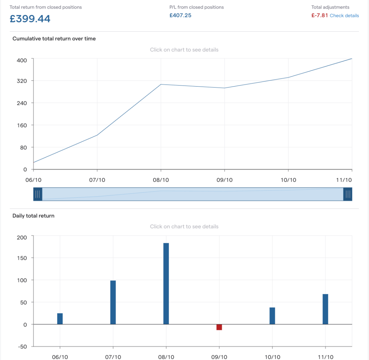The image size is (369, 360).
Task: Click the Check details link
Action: point(344,16)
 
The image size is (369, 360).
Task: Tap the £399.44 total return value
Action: point(30,19)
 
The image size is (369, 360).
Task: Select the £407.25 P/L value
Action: point(180,16)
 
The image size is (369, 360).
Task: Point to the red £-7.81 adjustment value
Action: point(320,16)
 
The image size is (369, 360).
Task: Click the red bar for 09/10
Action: point(219,327)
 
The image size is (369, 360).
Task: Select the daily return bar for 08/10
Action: point(166,284)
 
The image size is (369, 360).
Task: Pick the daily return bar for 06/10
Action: point(60,319)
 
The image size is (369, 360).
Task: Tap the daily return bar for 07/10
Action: point(113,302)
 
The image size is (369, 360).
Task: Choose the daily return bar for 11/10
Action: point(325,309)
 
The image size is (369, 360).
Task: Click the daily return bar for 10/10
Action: point(272,316)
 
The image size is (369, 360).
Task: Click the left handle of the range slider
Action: point(38,194)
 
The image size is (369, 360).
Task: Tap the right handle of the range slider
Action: point(348,194)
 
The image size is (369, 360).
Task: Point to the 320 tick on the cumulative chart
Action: point(22,81)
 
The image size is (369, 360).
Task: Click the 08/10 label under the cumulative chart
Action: point(161,180)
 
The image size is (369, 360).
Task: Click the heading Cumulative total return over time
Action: point(54,39)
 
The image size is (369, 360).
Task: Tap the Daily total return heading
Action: point(34,216)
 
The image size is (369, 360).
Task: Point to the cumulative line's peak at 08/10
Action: point(161,84)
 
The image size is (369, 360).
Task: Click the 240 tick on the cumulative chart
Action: point(22,103)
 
